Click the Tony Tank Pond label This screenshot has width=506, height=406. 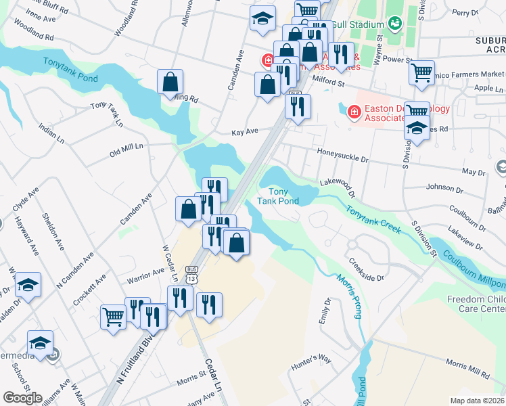(277, 196)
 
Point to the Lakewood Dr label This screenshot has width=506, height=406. (337, 184)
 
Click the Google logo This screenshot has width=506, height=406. (22, 398)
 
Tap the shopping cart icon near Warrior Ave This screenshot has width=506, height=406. (113, 316)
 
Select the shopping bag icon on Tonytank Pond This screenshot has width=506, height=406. (170, 83)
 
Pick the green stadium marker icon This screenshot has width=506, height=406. (394, 24)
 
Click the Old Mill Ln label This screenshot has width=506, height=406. (127, 150)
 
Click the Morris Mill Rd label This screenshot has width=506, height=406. (467, 368)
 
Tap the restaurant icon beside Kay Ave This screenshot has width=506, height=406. (298, 106)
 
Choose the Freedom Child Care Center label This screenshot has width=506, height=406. (476, 304)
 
